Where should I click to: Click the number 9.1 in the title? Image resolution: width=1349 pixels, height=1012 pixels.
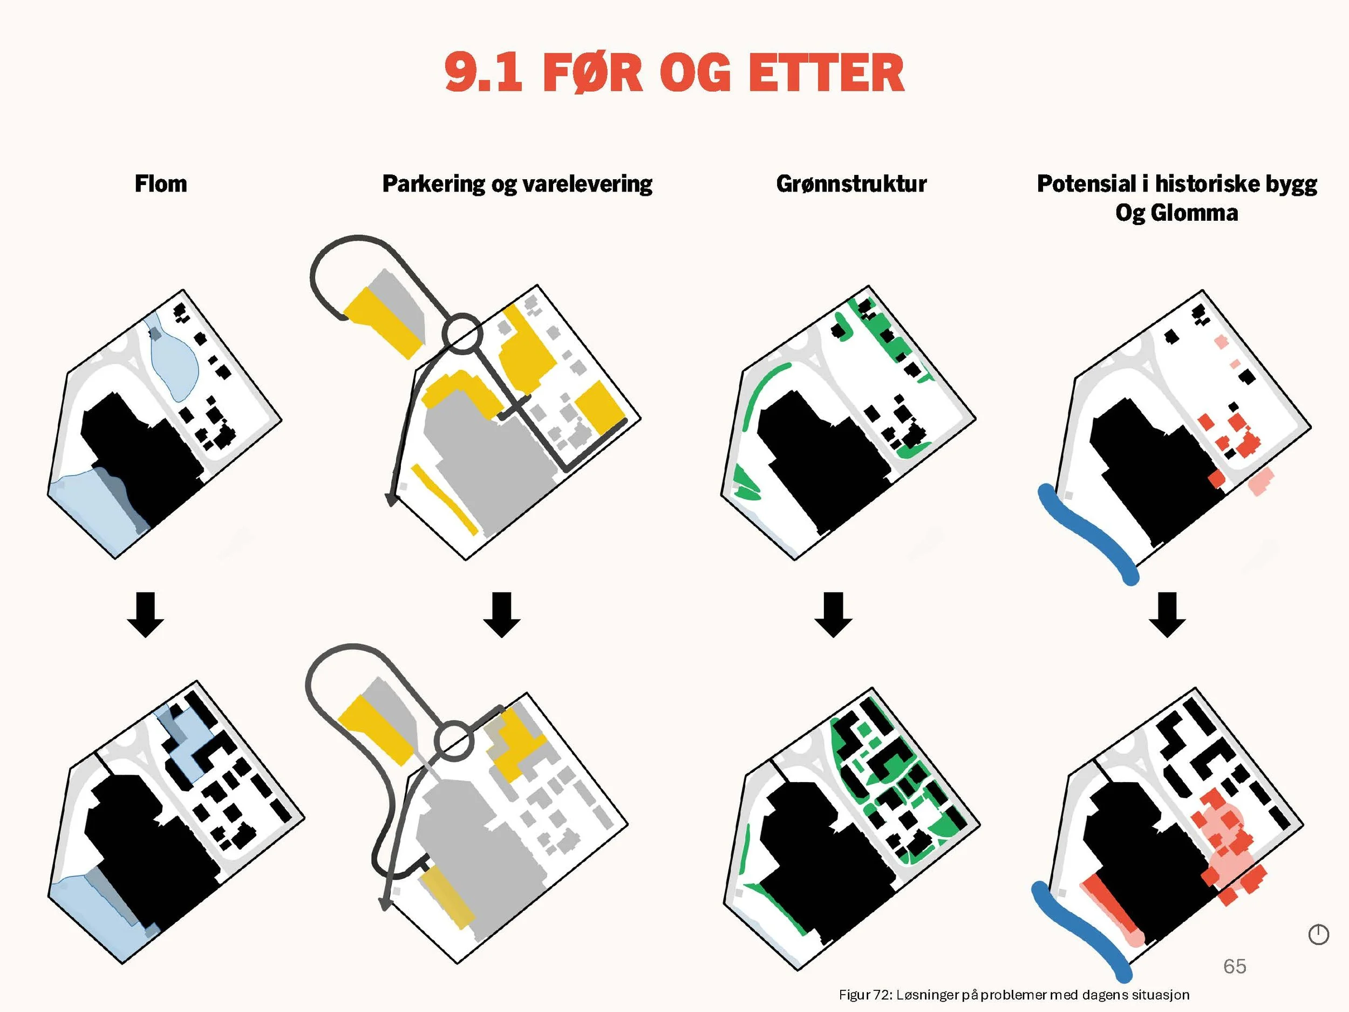[483, 72]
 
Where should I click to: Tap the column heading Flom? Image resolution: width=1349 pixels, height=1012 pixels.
[161, 184]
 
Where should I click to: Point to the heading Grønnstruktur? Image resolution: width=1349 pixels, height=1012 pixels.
[851, 184]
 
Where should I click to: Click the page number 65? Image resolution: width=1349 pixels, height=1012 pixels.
[1235, 966]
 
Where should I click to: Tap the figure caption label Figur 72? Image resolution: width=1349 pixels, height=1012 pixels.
[865, 995]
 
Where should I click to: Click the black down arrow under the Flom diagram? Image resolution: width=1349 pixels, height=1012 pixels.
[146, 614]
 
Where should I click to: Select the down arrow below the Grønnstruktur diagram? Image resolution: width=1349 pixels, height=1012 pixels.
[834, 614]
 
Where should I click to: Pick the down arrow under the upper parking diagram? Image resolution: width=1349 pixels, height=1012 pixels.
[502, 614]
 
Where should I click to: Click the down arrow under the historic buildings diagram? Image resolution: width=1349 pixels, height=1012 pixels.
[1167, 614]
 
